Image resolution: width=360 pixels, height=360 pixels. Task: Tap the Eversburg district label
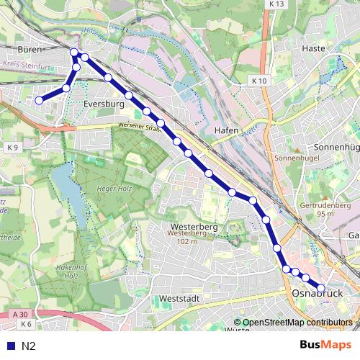tap(104, 104)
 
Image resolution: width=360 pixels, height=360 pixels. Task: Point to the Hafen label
tap(226, 130)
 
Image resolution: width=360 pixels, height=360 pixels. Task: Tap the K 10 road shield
tap(259, 81)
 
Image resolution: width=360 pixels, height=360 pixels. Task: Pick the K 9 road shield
tap(12, 147)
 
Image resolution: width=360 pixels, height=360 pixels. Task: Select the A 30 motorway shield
tap(20, 315)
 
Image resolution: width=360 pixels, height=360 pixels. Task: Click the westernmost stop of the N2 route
tap(39, 101)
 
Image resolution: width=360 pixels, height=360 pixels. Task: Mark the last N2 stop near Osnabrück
tap(321, 289)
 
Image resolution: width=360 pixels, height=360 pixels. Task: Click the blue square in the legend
tap(10, 346)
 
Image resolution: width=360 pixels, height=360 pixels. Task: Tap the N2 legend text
tap(29, 346)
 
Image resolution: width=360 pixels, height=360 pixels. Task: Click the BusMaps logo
tap(325, 345)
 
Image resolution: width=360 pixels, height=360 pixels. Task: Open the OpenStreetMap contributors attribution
tap(297, 323)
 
